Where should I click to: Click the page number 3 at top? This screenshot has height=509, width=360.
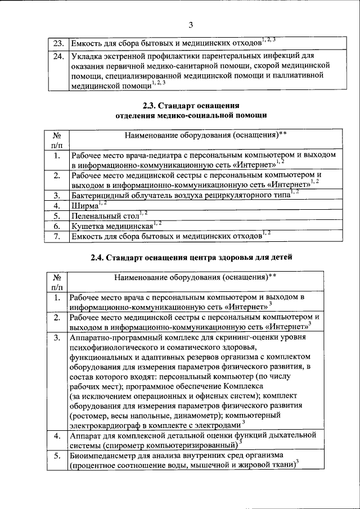point(191,24)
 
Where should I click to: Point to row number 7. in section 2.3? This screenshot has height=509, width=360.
point(57,236)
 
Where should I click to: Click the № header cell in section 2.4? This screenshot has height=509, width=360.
point(57,277)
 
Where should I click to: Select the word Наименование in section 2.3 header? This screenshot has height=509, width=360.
point(147,136)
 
